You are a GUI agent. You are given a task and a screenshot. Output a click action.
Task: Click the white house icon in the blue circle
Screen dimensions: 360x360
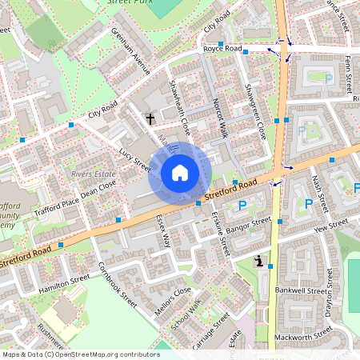click(x=180, y=172)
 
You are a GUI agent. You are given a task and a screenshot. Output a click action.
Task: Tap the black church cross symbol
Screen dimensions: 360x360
click(x=150, y=118)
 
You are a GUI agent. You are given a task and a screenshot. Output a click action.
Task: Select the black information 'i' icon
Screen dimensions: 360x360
click(x=259, y=262)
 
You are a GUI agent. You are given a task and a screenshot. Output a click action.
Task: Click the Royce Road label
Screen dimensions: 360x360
click(x=222, y=49)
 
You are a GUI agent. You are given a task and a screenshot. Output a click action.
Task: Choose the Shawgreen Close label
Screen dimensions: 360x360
click(x=254, y=111)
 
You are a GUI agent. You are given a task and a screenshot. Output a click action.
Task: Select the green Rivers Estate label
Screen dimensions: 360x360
click(x=93, y=172)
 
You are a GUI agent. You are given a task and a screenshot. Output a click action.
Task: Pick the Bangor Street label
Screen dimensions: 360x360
click(x=249, y=227)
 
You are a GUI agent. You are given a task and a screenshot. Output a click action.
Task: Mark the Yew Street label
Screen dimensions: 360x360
click(x=332, y=227)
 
